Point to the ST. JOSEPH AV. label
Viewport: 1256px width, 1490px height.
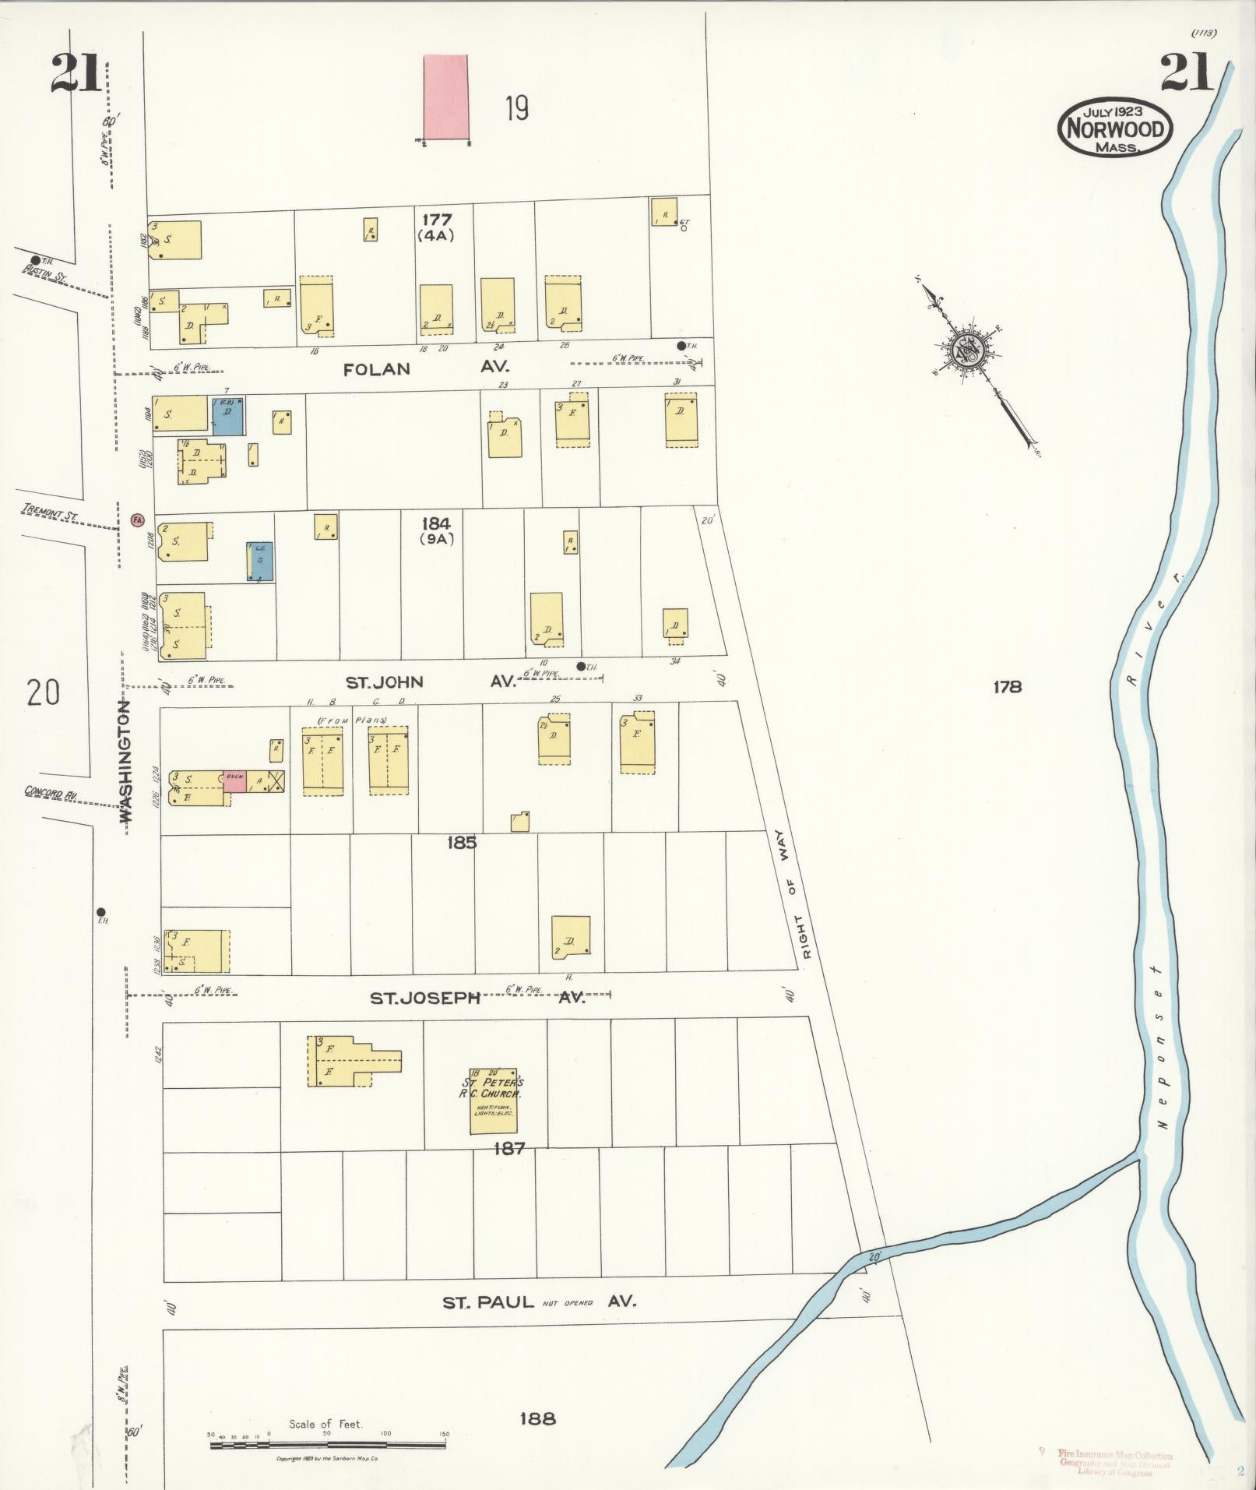point(477,998)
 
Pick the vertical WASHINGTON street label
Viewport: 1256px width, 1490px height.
point(125,761)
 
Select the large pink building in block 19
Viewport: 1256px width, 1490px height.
point(445,97)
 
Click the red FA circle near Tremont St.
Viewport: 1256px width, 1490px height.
point(138,519)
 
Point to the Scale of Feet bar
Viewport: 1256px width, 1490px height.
point(328,1445)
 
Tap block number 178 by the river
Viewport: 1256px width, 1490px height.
point(1007,687)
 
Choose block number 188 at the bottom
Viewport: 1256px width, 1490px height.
point(537,1418)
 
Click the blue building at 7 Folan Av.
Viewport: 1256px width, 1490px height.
point(227,415)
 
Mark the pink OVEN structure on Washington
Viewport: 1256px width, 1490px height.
point(234,781)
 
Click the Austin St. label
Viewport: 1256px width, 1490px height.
point(44,272)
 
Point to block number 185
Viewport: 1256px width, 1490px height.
point(462,843)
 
